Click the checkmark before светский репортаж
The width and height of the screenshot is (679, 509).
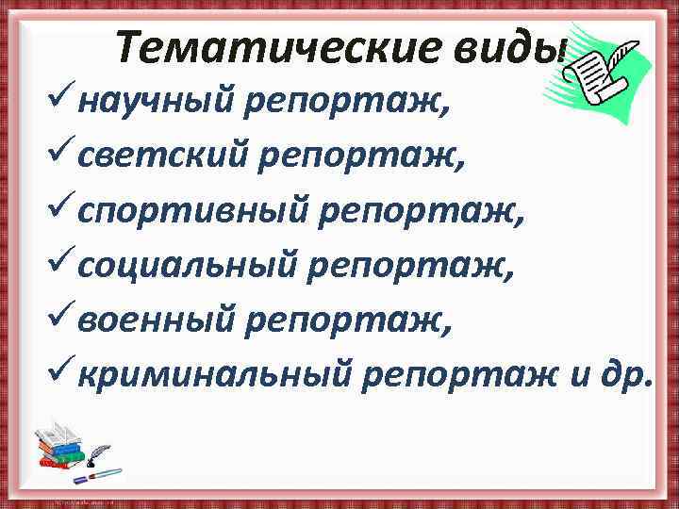(x=59, y=156)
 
